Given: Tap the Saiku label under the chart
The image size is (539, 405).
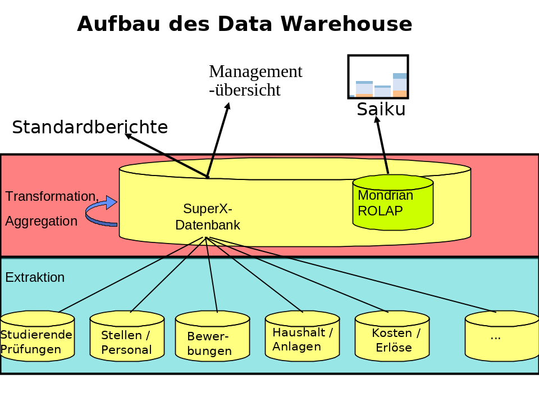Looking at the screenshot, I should point(381,109).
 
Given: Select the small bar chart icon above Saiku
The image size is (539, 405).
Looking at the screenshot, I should point(378,76).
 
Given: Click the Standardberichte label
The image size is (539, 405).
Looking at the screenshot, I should point(90,128).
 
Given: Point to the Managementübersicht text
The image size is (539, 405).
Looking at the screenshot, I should point(255,80).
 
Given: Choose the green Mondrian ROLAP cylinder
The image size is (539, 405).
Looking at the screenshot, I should point(393,203).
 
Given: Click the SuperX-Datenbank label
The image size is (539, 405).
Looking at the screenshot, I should point(208,217).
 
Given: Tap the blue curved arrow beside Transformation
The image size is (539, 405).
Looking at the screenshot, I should point(101,213).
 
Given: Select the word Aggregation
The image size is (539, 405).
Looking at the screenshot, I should point(42,221).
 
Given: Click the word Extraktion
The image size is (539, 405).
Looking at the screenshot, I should point(35,277).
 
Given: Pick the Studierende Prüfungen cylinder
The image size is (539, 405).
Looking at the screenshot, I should point(37,337).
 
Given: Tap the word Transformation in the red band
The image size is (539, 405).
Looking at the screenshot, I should point(52,196).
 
